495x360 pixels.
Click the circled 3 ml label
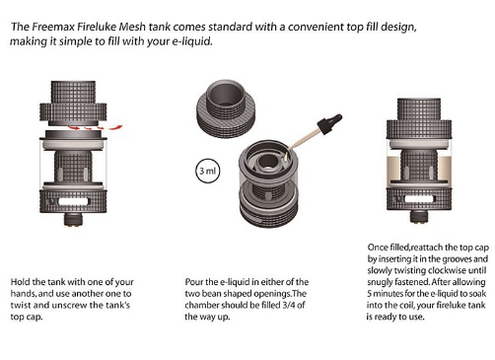[x=207, y=171]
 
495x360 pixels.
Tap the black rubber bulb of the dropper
[x=329, y=123]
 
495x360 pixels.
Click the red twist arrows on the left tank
[x=96, y=127]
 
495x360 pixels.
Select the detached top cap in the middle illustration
[x=227, y=108]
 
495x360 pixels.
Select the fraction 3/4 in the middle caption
[x=289, y=305]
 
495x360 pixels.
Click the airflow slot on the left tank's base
[x=73, y=201]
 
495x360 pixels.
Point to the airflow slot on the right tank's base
[x=420, y=198]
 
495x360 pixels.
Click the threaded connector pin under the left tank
[x=73, y=219]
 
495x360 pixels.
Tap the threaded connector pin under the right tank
[x=419, y=216]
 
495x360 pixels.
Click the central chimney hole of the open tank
[x=265, y=162]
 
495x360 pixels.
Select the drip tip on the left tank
[x=73, y=93]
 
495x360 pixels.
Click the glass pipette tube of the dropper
[x=304, y=139]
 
